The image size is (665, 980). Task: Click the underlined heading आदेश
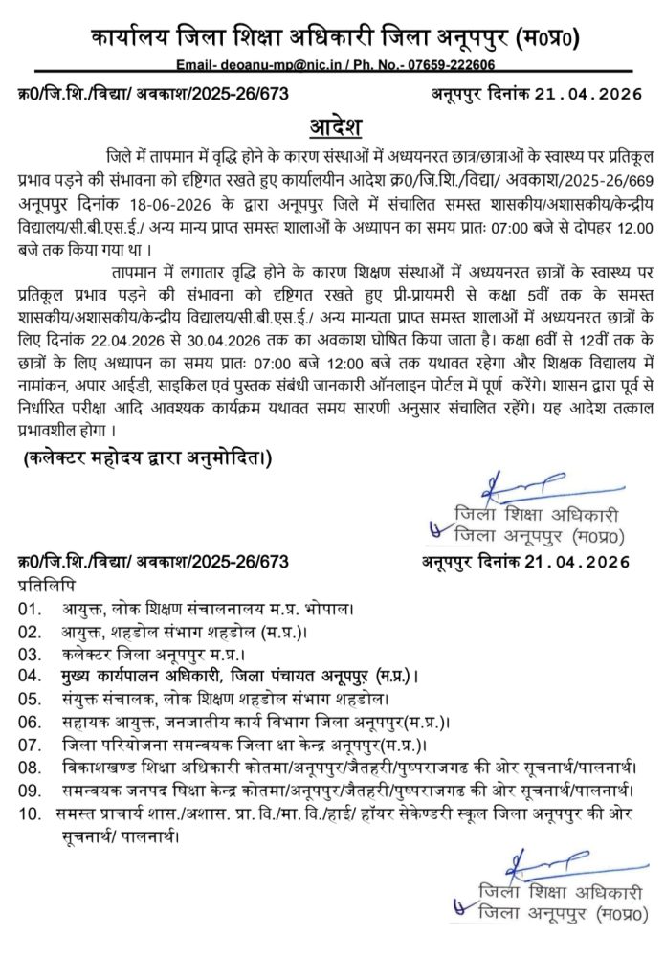click(333, 127)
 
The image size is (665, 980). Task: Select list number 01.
click(32, 608)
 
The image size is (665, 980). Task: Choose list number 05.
click(32, 700)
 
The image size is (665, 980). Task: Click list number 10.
click(32, 814)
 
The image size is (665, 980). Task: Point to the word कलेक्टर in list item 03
click(93, 654)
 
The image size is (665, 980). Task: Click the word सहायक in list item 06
click(88, 723)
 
